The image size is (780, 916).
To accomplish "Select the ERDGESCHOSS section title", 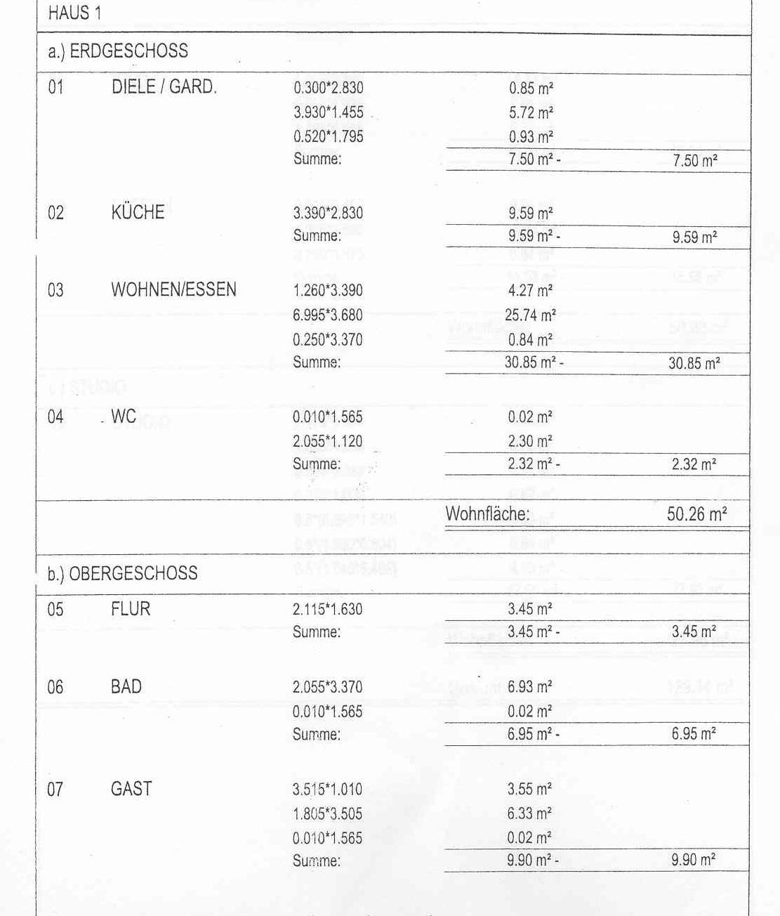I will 118,51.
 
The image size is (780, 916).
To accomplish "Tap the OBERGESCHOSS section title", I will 122,573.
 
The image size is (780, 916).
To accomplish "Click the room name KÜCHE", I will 138,212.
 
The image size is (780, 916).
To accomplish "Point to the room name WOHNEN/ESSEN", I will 173,289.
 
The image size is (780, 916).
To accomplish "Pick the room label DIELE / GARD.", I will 164,87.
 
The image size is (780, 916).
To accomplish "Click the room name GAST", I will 131,789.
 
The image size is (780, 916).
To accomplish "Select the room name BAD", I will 126,686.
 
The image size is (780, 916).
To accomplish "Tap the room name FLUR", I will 131,608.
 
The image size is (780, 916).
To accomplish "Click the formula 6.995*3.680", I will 328,315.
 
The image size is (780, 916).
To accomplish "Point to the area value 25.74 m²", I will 530,315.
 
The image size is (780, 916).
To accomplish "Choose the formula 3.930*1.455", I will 329,112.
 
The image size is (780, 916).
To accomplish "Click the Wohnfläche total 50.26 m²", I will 696,513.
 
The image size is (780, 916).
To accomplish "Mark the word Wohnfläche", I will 487,513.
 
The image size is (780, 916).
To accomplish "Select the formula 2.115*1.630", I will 328,609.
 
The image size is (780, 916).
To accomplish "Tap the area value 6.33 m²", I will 529,813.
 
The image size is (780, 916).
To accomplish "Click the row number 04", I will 55,417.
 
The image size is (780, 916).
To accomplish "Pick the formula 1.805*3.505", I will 328,813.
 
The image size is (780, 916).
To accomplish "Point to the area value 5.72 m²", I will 531,112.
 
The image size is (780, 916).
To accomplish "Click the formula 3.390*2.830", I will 328,213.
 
